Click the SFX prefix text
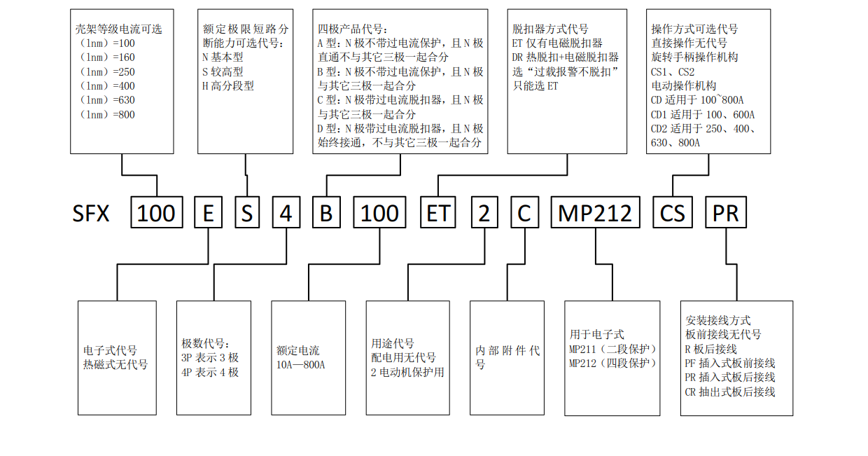tap(91, 214)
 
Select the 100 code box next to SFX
tap(157, 213)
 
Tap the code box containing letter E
tap(208, 213)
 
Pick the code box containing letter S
tap(247, 213)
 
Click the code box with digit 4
tap(286, 213)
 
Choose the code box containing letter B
tap(325, 213)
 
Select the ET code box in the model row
tap(438, 213)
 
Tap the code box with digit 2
tap(484, 213)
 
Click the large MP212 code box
tap(595, 213)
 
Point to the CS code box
tap(673, 213)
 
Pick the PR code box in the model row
tap(725, 213)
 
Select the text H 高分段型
tap(227, 85)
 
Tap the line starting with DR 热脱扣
tap(566, 57)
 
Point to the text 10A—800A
tap(301, 365)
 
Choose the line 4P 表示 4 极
tap(210, 372)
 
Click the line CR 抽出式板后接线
tap(730, 392)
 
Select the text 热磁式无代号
tap(115, 364)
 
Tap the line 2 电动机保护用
tap(407, 372)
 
